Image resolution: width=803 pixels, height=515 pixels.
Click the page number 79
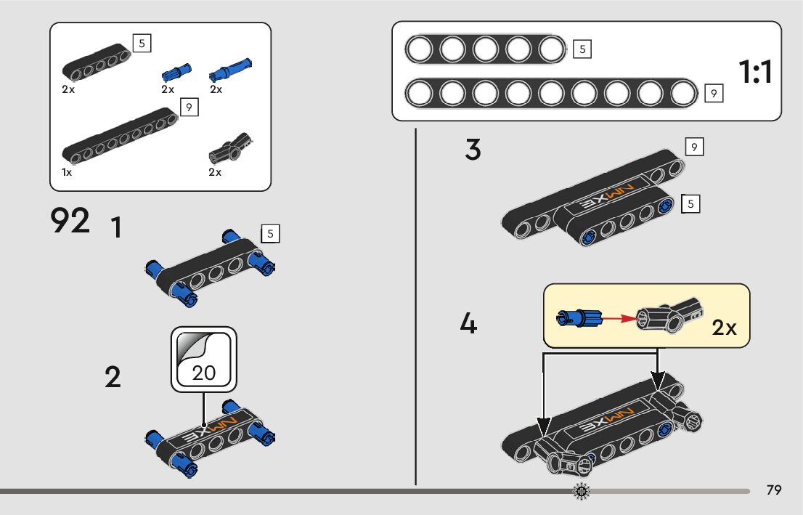(774, 490)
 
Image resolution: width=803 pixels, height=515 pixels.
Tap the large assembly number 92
(70, 221)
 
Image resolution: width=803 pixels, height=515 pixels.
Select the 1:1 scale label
(755, 72)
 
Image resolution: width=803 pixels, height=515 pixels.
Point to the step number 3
(473, 150)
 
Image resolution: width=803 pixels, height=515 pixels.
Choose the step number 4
(468, 323)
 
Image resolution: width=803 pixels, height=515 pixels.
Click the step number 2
(113, 378)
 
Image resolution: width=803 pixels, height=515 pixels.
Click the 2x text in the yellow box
(724, 328)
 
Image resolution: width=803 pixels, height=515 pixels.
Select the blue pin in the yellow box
(578, 317)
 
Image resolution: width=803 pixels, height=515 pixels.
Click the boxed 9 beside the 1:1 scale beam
(714, 93)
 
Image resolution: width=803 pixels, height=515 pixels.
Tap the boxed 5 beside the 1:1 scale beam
(582, 49)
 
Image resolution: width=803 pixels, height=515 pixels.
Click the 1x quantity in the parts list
(67, 173)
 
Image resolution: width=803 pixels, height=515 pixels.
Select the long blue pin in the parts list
(229, 69)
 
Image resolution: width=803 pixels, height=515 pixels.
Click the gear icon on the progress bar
(582, 492)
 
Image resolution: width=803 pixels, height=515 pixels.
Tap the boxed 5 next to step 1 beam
(270, 234)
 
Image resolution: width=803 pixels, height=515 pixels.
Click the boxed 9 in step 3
(694, 147)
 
